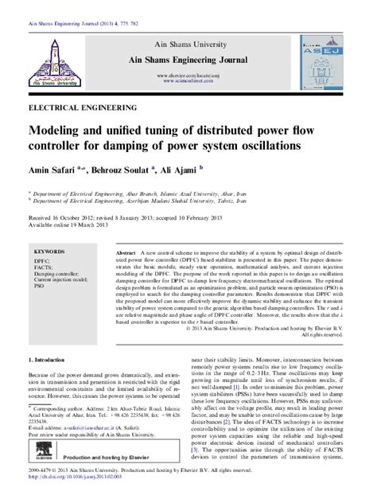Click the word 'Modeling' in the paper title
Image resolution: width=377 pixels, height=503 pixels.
coord(56,131)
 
